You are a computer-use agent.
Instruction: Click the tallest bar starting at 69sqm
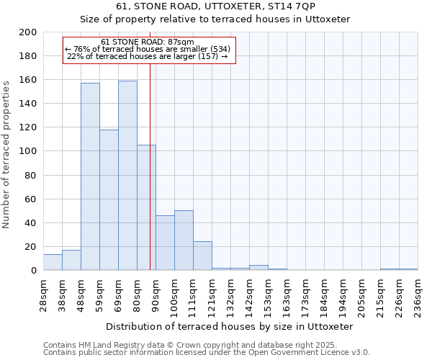pos(127,176)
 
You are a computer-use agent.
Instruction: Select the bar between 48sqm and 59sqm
pos(90,176)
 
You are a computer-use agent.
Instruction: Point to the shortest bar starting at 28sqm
pos(53,263)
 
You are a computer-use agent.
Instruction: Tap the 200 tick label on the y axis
pos(28,32)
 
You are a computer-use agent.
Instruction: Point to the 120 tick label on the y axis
pos(28,127)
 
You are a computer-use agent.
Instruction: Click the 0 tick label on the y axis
pos(34,271)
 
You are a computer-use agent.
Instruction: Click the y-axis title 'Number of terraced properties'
pos(6,155)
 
